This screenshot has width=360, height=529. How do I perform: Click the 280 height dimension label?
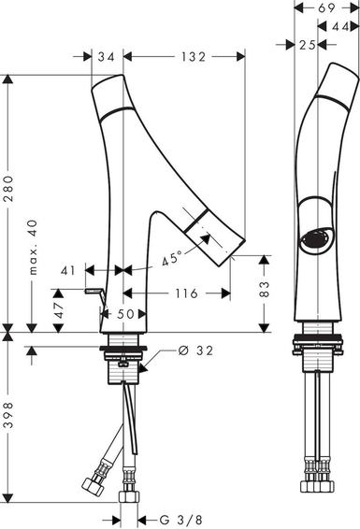pyautogui.click(x=8, y=189)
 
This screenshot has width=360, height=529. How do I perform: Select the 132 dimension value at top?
pyautogui.click(x=194, y=57)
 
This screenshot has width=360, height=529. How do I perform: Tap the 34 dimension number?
pyautogui.click(x=107, y=57)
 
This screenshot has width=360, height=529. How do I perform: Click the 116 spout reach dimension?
pyautogui.click(x=186, y=293)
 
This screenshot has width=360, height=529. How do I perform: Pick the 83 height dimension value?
pyautogui.click(x=265, y=289)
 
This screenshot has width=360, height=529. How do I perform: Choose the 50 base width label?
pyautogui.click(x=125, y=314)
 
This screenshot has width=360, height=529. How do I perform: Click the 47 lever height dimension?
pyautogui.click(x=59, y=310)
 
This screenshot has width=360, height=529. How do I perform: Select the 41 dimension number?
pyautogui.click(x=68, y=270)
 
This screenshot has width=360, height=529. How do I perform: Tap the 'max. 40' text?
pyautogui.click(x=33, y=248)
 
